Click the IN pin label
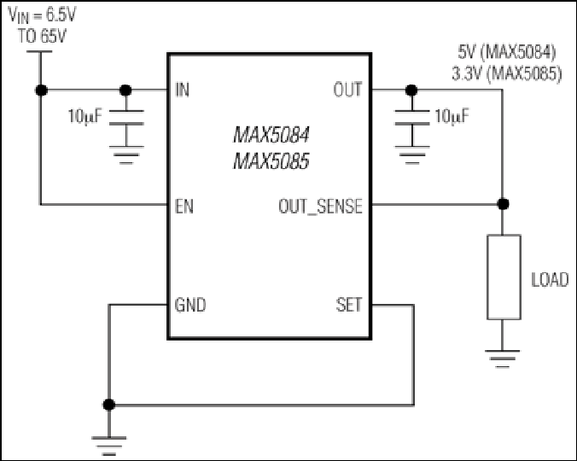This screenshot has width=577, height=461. [x=183, y=90]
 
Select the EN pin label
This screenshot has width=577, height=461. [x=184, y=206]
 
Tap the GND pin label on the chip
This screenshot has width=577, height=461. [x=190, y=305]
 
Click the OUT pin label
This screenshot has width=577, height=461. [x=347, y=90]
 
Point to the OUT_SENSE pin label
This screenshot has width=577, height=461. [x=321, y=207]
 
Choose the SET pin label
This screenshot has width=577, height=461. [x=349, y=305]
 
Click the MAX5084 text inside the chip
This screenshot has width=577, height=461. [x=271, y=135]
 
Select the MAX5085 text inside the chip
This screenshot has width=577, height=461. [x=271, y=161]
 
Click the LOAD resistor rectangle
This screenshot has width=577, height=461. [x=504, y=277]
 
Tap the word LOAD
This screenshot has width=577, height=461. [x=551, y=280]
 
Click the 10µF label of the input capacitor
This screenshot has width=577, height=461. [x=85, y=117]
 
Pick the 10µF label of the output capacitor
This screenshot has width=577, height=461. [x=452, y=117]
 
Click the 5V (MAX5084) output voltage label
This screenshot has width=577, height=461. [x=507, y=52]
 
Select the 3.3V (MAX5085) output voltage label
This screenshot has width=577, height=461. [x=507, y=74]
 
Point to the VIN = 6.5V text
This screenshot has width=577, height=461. [x=42, y=15]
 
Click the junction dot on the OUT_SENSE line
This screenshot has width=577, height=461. [x=503, y=203]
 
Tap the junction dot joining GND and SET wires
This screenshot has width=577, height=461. [x=109, y=405]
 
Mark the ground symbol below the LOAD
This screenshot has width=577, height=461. [x=502, y=359]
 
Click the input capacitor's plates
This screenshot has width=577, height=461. [x=126, y=117]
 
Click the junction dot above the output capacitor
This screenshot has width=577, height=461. [x=411, y=90]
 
